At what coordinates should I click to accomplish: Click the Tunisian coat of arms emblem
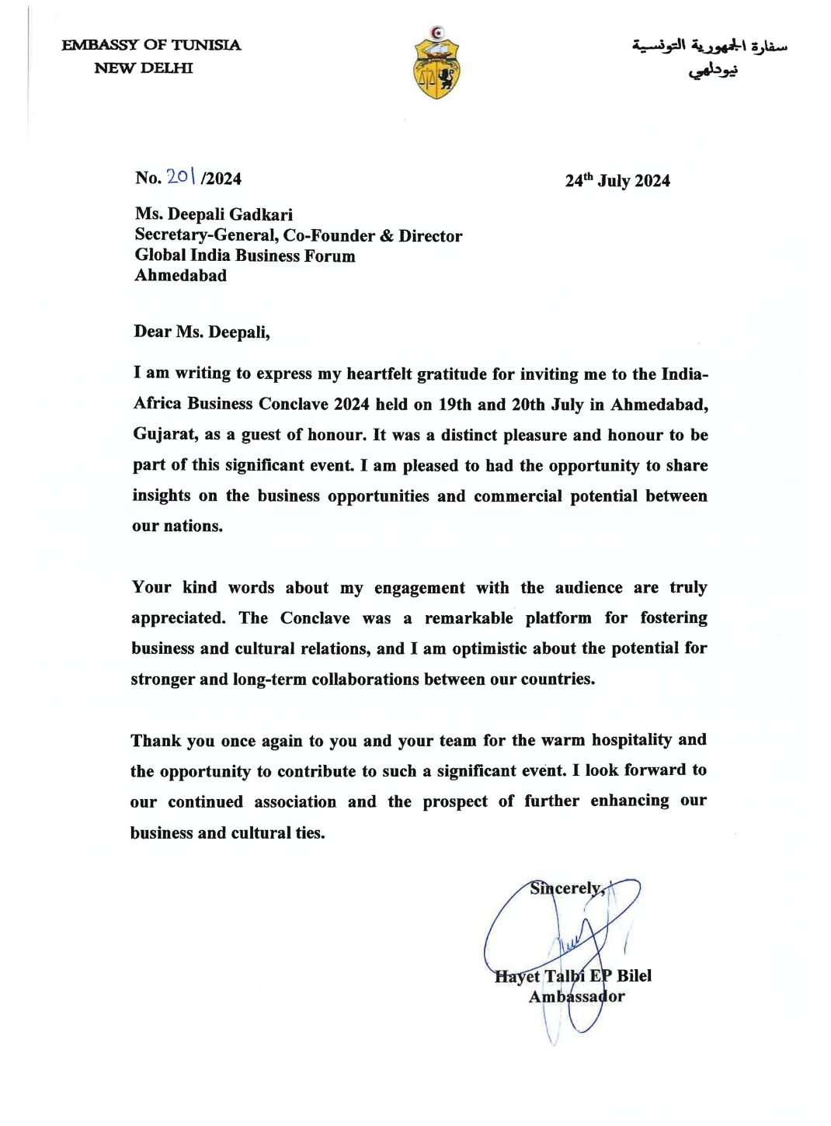tap(436, 63)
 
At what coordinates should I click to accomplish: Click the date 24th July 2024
tap(617, 181)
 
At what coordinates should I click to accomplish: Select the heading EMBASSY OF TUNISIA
tap(151, 45)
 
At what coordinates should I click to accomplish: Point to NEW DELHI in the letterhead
tap(144, 68)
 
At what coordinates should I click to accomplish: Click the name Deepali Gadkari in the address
tap(230, 214)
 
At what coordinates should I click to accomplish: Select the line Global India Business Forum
tap(245, 255)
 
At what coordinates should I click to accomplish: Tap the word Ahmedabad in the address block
tap(180, 275)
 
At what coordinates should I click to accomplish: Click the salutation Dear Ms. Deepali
tap(201, 332)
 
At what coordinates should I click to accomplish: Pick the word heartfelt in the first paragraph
tap(379, 374)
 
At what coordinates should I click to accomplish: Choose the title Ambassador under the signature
tap(576, 996)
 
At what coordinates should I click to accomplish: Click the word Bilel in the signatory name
tap(634, 976)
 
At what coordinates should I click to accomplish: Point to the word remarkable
tap(468, 618)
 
